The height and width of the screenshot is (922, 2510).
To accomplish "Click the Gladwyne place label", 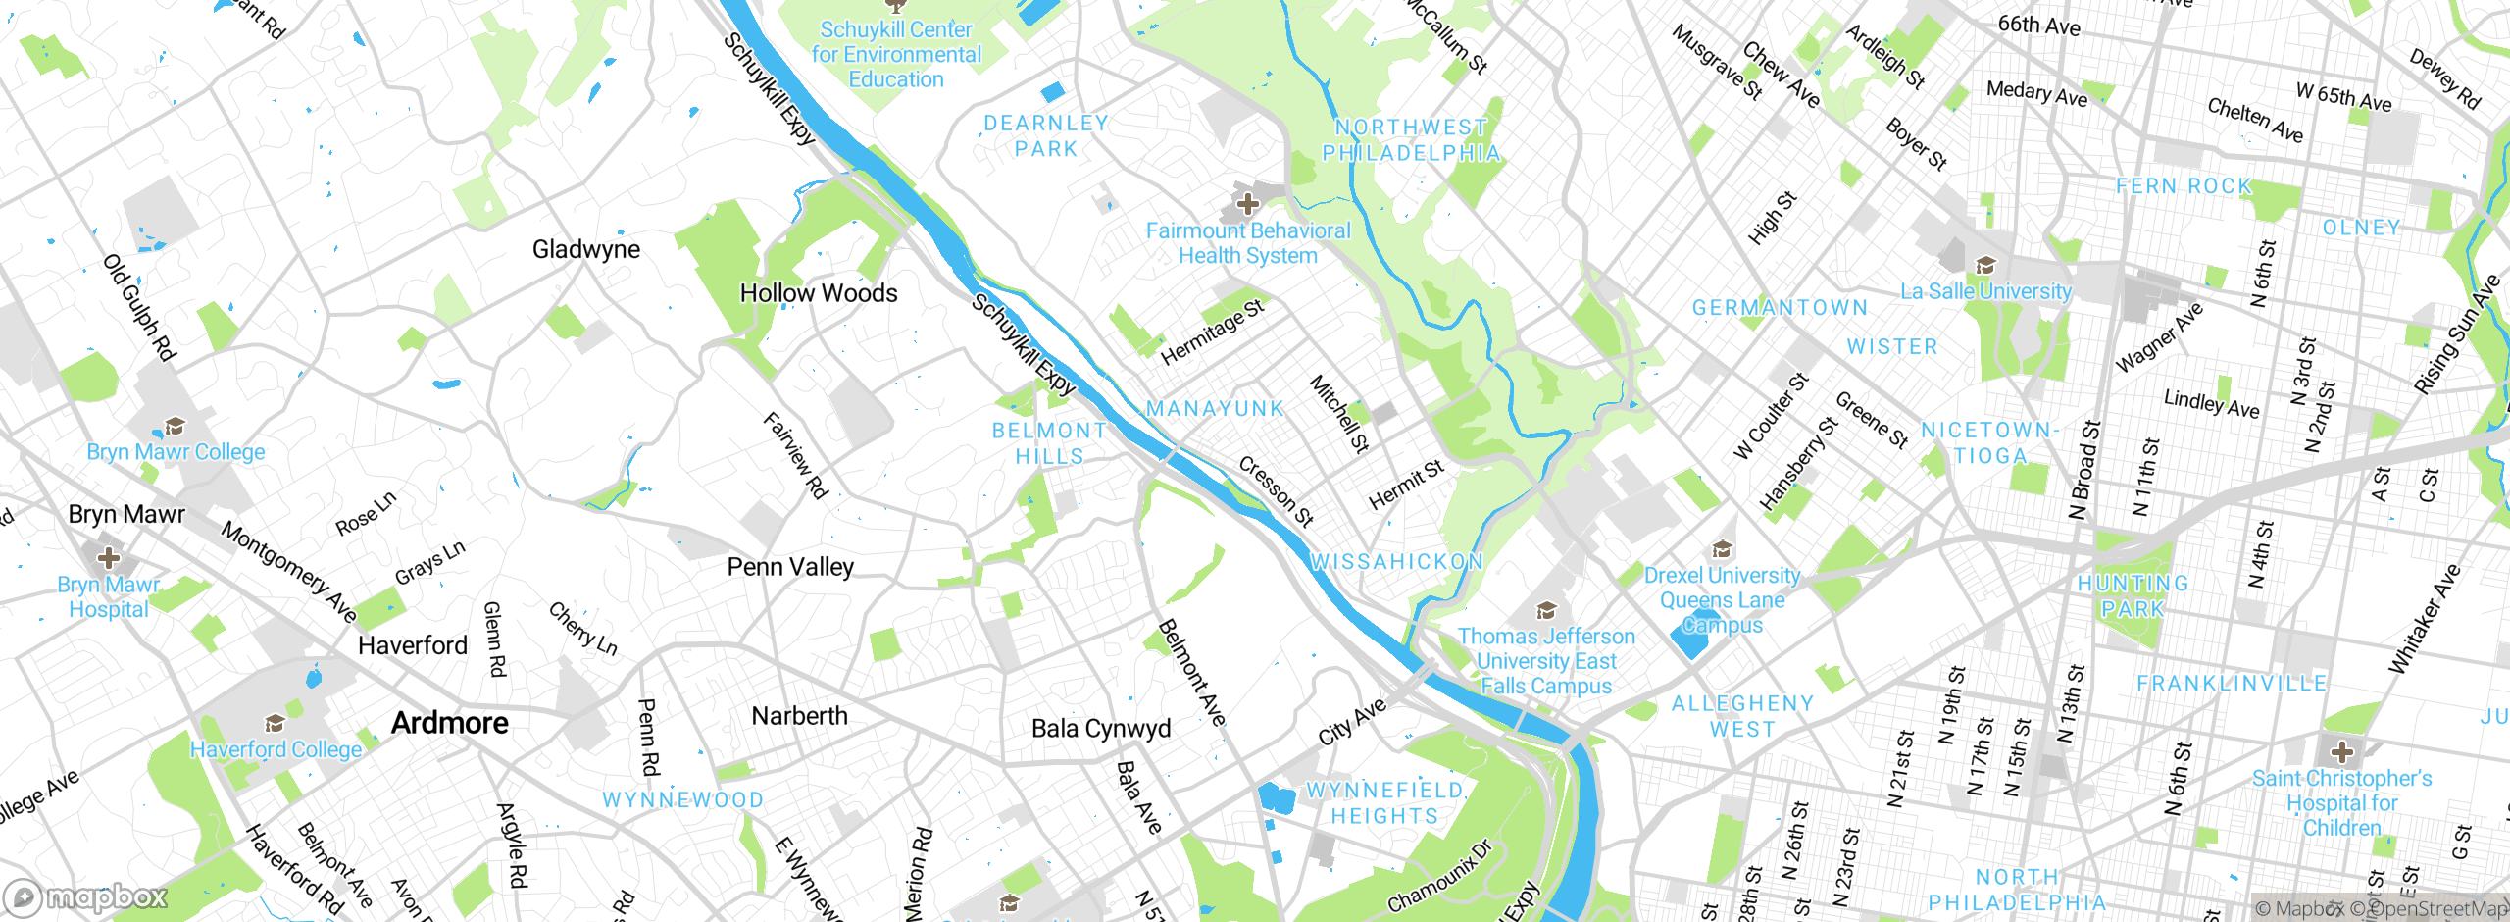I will point(585,249).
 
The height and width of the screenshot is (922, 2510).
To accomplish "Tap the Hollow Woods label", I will point(818,293).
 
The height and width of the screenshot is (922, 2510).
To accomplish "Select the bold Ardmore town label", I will point(450,723).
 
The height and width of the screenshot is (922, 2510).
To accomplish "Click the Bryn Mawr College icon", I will point(175,426).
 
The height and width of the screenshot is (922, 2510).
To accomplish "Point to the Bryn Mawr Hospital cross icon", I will point(108,558).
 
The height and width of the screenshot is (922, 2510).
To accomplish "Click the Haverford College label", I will point(276,749).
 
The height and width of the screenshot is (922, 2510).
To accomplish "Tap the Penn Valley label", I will point(790,567).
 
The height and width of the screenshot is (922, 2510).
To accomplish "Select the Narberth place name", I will point(799,716).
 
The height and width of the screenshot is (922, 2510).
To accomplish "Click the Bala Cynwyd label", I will point(1101,729).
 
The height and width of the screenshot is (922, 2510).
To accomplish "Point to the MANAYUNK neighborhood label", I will point(1215,409).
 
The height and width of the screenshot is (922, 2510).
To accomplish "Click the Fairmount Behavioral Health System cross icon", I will point(1247,204).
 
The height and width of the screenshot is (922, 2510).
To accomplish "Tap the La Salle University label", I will point(1985,291).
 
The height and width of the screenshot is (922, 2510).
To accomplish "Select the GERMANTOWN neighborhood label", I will point(1780,308).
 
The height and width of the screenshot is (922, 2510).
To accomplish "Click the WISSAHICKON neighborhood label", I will point(1397,562).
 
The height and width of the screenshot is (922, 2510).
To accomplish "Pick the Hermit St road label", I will point(1406,485).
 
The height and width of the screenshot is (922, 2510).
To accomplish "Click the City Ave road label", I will point(1352,721).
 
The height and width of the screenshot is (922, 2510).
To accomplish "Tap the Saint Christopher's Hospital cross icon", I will point(2342,752).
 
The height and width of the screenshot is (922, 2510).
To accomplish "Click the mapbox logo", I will point(86,896).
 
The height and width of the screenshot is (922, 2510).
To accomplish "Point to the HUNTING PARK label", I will point(2133,595).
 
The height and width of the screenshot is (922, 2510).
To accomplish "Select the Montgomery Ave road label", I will point(289,572).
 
